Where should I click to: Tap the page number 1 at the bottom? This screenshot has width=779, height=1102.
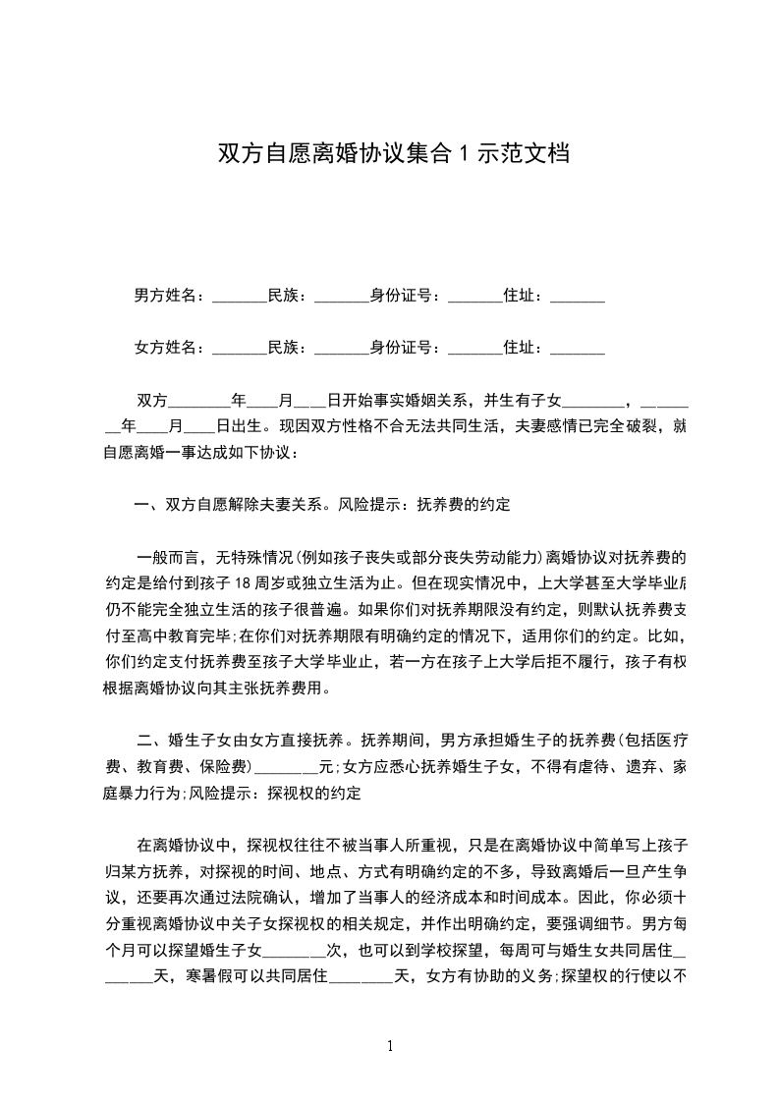(391, 1046)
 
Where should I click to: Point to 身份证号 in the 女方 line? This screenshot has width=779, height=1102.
(404, 347)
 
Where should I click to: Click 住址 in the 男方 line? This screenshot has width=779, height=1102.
(522, 295)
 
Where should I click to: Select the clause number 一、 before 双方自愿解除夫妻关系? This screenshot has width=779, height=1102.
(149, 505)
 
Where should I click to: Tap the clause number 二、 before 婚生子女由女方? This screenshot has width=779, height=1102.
(149, 740)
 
